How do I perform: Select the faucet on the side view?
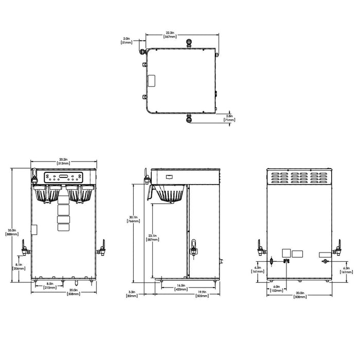tap(194, 248)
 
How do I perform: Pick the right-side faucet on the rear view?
tap(338, 249)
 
